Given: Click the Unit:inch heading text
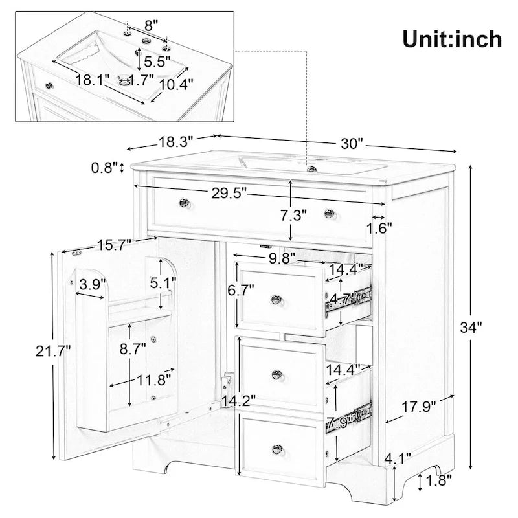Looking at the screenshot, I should click(451, 38).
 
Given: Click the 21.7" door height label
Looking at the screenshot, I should click(52, 351).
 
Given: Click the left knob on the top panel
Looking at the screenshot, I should click(184, 204).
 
